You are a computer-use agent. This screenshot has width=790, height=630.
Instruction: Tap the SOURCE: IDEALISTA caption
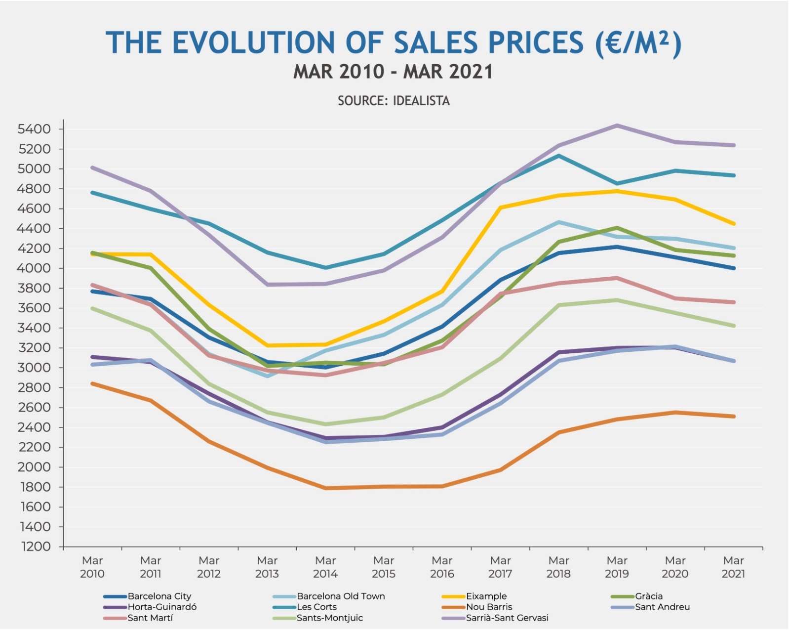(x=394, y=101)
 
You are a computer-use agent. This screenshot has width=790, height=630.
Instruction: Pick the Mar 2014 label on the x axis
(x=325, y=567)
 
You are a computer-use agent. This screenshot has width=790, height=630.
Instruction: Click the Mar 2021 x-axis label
(x=733, y=567)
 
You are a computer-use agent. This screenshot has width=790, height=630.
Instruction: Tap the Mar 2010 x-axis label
(x=92, y=567)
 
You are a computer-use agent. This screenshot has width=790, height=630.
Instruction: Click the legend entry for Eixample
(x=486, y=596)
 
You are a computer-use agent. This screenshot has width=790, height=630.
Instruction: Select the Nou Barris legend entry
(x=489, y=607)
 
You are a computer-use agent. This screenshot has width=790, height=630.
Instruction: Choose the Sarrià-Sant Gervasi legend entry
(x=507, y=618)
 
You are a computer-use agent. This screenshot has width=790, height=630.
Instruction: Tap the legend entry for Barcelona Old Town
(x=340, y=596)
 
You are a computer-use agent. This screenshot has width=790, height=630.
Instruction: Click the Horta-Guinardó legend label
(x=161, y=607)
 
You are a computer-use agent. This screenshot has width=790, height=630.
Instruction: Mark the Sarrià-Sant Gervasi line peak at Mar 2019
(x=617, y=126)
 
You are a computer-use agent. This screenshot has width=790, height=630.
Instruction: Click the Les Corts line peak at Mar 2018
(x=558, y=156)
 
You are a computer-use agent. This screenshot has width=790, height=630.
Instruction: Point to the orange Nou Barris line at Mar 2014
(x=326, y=488)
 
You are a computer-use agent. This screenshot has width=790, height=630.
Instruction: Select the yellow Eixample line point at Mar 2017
(x=500, y=208)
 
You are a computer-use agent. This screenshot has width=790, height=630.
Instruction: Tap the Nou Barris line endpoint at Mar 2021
(x=734, y=417)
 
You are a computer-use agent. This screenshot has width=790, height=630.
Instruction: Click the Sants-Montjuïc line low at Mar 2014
(x=326, y=424)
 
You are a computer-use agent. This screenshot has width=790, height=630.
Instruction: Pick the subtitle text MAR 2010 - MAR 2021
(x=394, y=72)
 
